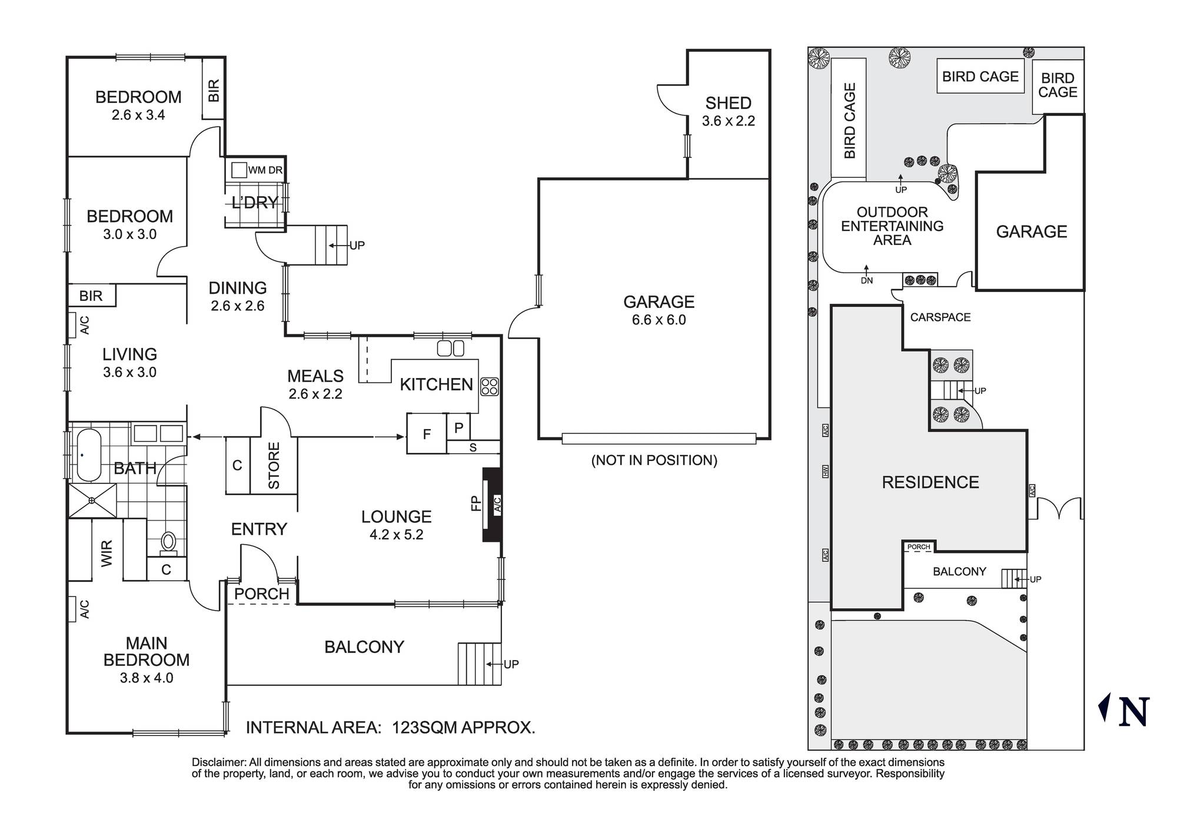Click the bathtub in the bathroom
(88, 455)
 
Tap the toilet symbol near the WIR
(169, 542)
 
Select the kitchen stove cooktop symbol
(490, 386)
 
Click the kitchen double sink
(451, 349)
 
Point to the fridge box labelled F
(427, 434)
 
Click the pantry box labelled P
(458, 428)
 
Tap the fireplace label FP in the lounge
(476, 504)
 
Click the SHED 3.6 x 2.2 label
(728, 111)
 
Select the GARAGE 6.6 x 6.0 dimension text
(659, 320)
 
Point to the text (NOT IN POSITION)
(654, 460)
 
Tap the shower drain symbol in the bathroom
(92, 500)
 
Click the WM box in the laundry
(238, 170)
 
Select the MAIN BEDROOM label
(146, 651)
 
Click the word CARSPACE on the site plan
(940, 317)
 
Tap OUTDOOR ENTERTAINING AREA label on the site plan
(892, 226)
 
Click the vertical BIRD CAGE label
(849, 120)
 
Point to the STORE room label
(274, 465)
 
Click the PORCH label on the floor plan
(261, 594)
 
